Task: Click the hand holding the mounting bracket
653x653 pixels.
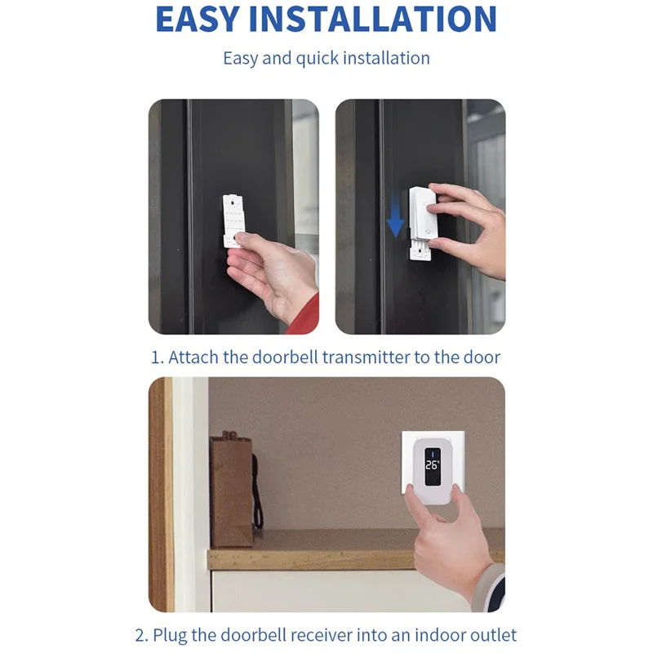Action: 269,273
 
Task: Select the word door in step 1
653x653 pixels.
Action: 483,357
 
